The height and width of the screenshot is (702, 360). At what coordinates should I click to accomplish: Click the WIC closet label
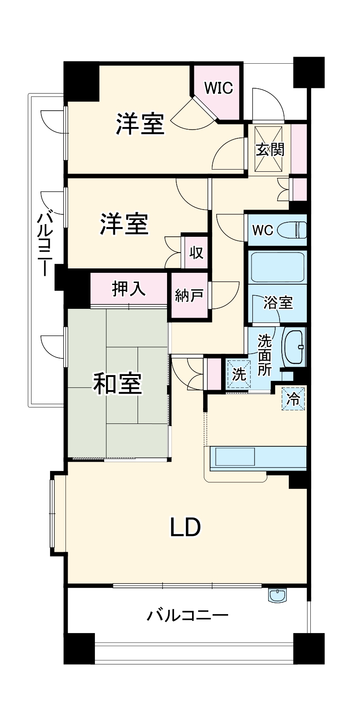218,88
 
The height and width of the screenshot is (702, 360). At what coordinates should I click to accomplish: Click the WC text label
263,230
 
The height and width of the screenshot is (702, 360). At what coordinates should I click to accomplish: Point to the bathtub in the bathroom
277,267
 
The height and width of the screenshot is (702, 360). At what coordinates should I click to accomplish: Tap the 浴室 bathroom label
278,302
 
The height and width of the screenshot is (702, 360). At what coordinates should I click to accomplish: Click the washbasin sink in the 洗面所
294,347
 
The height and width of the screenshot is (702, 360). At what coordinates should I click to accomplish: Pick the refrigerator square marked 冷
293,399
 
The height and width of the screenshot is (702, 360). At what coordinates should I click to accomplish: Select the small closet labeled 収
196,252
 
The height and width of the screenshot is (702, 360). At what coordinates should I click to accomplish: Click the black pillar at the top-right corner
309,72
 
